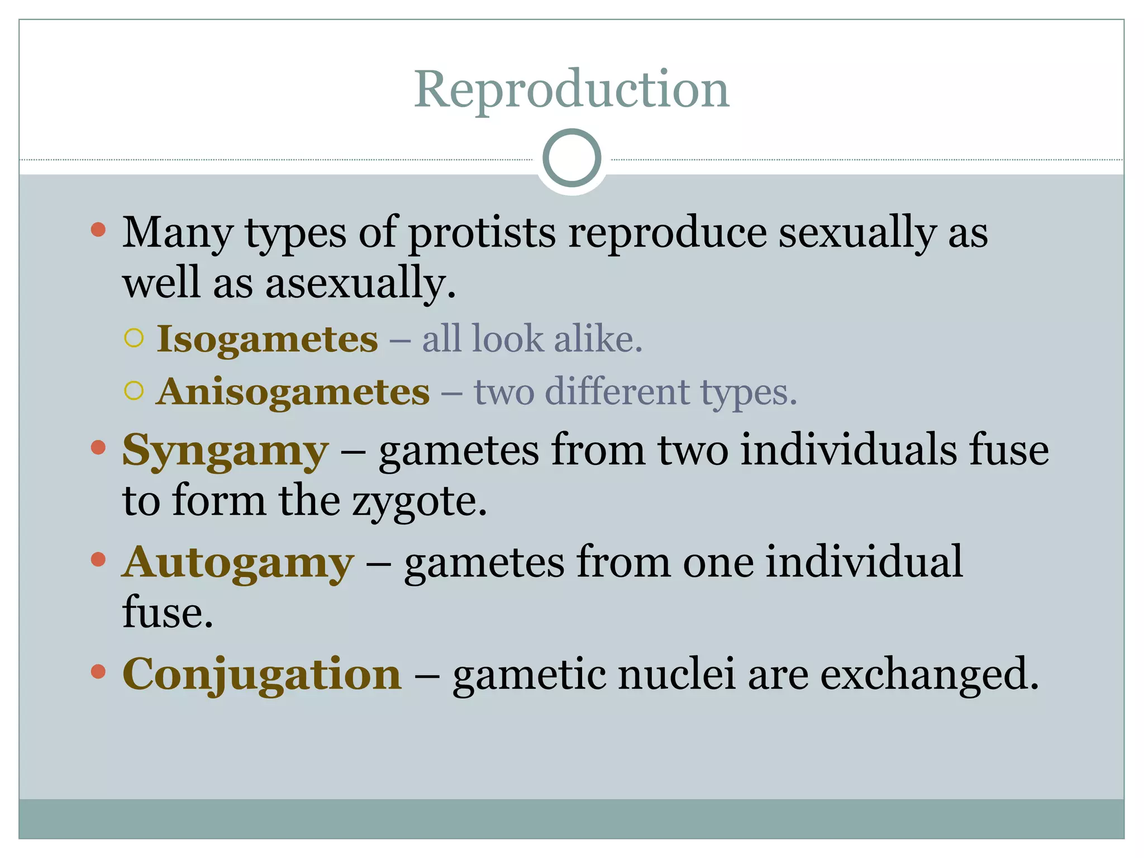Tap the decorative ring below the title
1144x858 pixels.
pos(571,158)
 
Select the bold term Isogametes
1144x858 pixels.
pos(267,339)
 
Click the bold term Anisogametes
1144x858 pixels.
pos(293,392)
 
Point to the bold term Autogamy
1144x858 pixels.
pos(238,563)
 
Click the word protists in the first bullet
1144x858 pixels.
pos(482,232)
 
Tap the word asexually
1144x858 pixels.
pos(360,283)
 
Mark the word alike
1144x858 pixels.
pos(598,339)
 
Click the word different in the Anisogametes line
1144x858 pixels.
pos(617,392)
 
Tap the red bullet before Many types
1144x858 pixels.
pos(98,230)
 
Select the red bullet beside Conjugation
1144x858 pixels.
pos(98,671)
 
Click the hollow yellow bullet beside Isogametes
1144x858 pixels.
pos(134,338)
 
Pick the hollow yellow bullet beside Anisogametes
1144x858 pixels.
pos(134,390)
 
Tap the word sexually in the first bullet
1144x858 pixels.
pos(857,232)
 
